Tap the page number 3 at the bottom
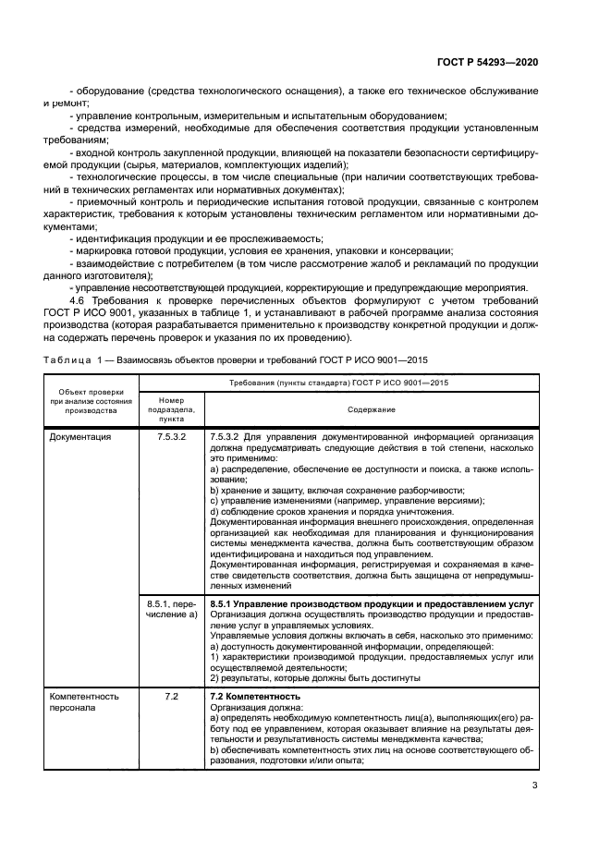coord(534,786)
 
